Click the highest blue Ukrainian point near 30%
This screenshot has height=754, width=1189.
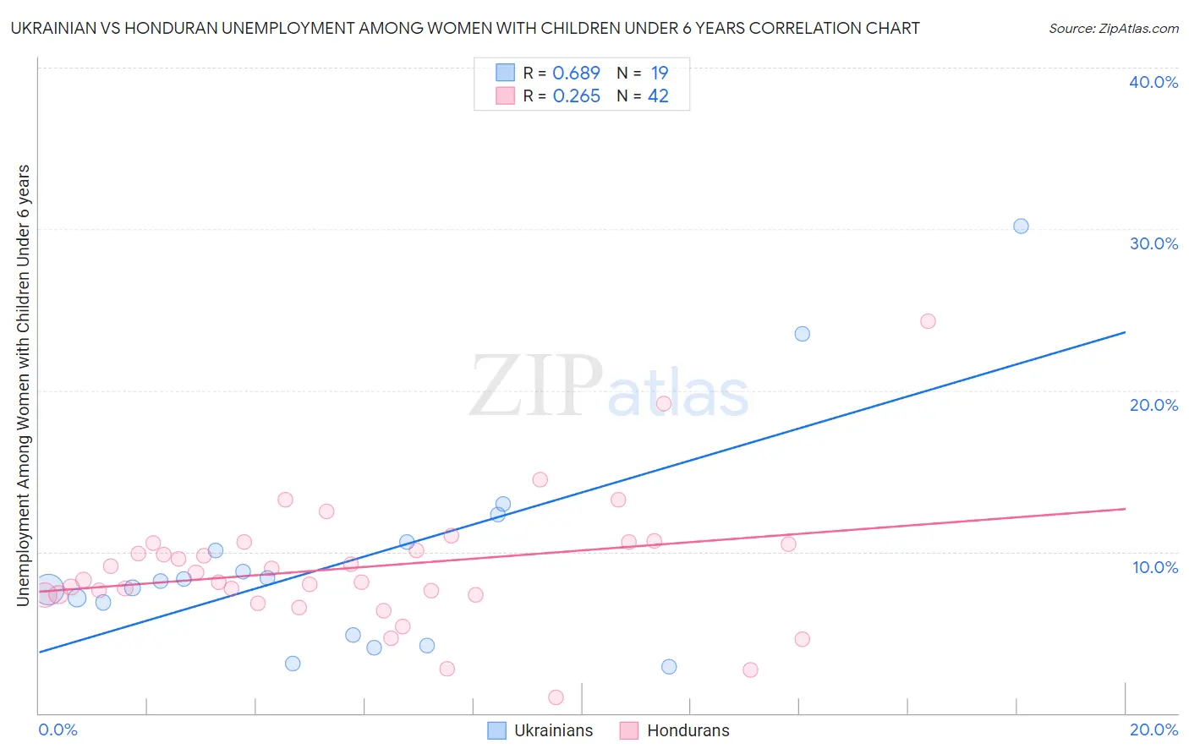point(1021,226)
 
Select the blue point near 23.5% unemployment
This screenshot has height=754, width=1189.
point(802,334)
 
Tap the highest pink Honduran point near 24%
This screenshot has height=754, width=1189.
point(928,321)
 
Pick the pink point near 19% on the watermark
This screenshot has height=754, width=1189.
point(664,403)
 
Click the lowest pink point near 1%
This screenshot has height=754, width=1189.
point(556,697)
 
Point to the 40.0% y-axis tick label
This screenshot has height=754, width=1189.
point(1153,82)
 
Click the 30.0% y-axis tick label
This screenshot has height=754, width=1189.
point(1153,243)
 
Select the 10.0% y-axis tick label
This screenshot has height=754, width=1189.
point(1155,567)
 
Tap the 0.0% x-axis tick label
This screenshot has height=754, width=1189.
point(58,729)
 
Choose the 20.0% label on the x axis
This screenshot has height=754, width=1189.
point(1153,729)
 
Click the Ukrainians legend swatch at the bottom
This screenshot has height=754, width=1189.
point(497,730)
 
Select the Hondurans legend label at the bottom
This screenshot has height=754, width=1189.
point(688,730)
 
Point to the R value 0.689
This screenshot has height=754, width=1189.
point(576,74)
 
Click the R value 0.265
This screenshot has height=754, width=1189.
point(576,96)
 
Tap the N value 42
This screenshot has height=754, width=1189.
point(658,96)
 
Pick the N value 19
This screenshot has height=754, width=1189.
point(660,74)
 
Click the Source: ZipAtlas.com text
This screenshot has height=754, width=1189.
point(1113,29)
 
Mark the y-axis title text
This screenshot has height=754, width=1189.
point(23,385)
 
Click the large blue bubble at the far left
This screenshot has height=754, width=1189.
point(48,588)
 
